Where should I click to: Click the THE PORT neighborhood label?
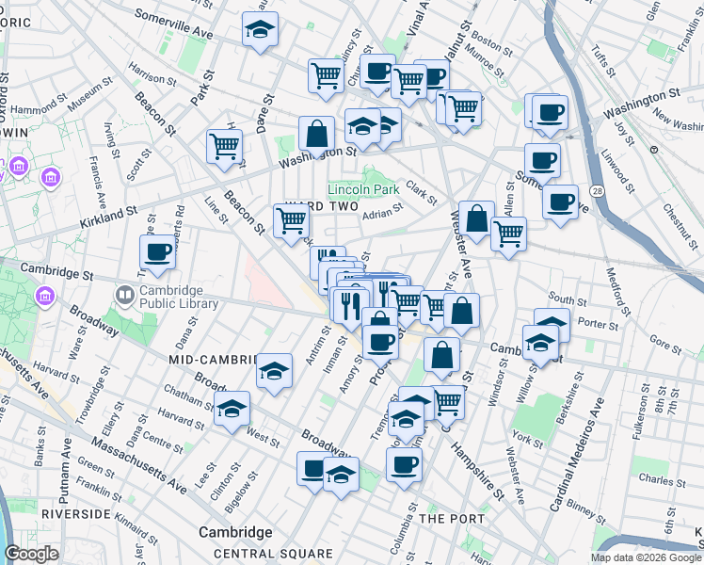[452, 519]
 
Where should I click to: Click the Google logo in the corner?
[31, 554]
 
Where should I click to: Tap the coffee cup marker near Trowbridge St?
[157, 252]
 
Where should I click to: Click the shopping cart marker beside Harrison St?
[225, 147]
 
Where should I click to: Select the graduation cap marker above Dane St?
[260, 30]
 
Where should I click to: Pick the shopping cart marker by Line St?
[291, 221]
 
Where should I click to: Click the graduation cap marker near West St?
[232, 410]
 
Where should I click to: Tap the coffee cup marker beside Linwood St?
[560, 202]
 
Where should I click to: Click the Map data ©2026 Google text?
[645, 557]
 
